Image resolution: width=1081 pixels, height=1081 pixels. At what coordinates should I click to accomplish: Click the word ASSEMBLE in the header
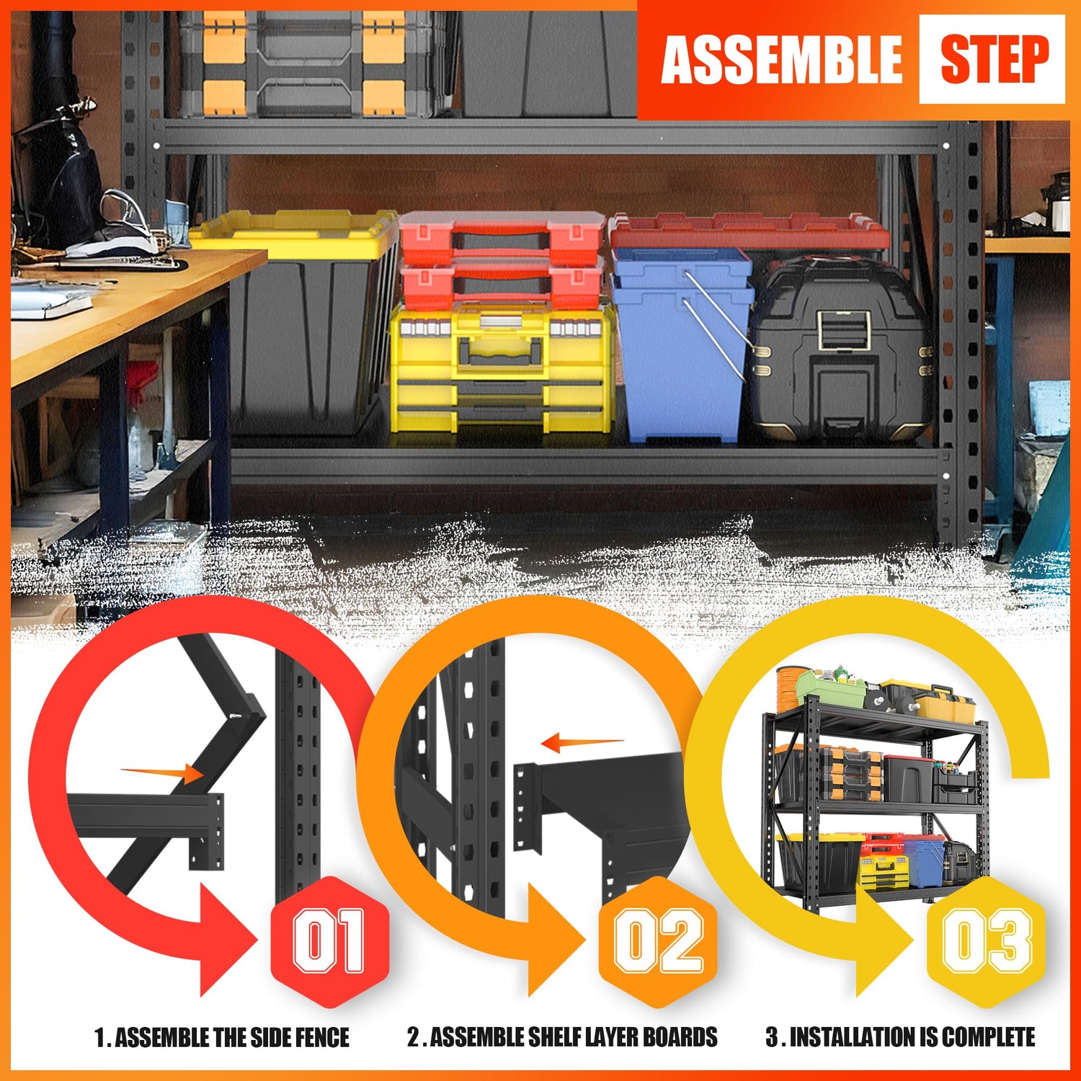pyautogui.click(x=781, y=60)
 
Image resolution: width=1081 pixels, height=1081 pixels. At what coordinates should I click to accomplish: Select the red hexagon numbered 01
pyautogui.click(x=329, y=941)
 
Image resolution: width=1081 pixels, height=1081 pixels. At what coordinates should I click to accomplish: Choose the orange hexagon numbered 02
pyautogui.click(x=658, y=941)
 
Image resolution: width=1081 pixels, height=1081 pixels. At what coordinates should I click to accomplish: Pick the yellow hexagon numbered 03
pyautogui.click(x=987, y=941)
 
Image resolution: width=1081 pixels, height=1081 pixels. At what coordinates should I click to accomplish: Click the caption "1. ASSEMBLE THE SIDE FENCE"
pyautogui.click(x=222, y=1037)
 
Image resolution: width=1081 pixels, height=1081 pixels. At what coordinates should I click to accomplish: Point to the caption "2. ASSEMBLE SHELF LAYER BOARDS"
pyautogui.click(x=562, y=1037)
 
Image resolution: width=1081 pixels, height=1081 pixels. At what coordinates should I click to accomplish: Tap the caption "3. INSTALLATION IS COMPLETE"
pyautogui.click(x=900, y=1037)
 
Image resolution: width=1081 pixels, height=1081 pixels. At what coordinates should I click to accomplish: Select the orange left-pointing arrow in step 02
pyautogui.click(x=582, y=742)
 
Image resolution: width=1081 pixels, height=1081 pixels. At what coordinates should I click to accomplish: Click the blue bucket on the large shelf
pyautogui.click(x=681, y=346)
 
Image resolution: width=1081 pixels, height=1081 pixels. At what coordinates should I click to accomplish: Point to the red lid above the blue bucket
pyautogui.click(x=749, y=231)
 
